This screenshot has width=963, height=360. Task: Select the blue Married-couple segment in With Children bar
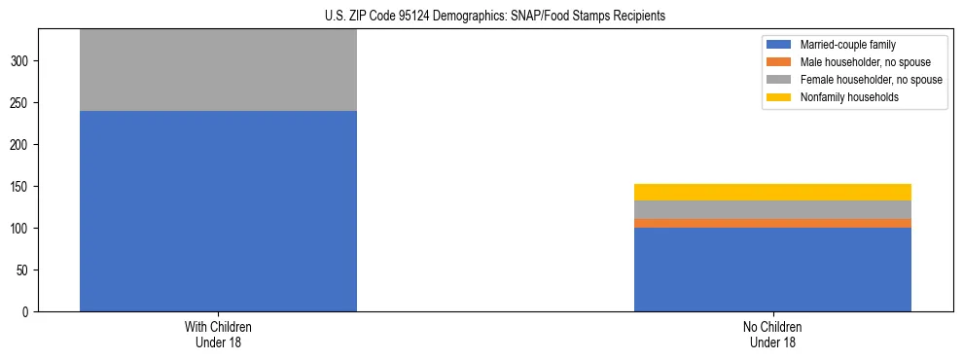[x=218, y=211]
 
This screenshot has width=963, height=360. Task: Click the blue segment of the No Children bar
[x=772, y=270]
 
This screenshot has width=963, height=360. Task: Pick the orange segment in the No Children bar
[x=772, y=223]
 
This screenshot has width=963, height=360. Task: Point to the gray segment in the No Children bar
[x=772, y=209]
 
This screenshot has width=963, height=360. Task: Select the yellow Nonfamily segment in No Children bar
[x=772, y=192]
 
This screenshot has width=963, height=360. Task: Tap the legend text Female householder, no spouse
[x=871, y=80]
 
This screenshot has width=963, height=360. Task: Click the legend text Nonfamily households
[x=849, y=97]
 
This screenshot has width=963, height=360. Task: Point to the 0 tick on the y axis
[x=28, y=312]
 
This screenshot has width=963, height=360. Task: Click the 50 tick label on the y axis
[x=25, y=270]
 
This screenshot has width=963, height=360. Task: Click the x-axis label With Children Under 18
[x=218, y=335]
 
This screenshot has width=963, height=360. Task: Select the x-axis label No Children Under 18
[x=772, y=335]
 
